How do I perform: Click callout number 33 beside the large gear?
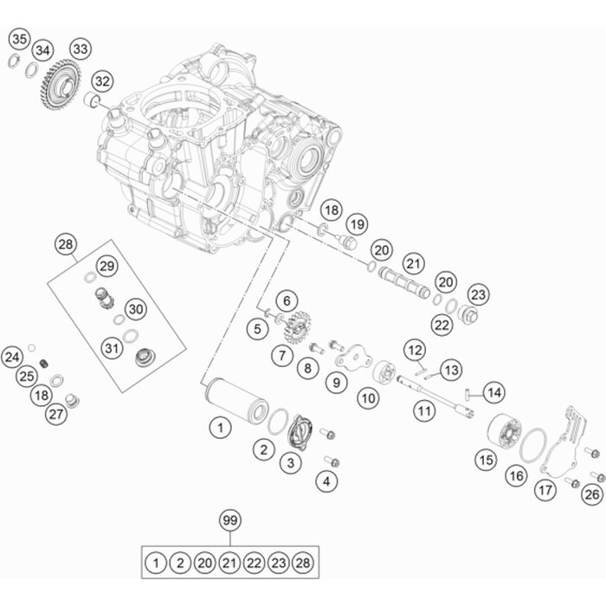81,48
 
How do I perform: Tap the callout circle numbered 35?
19,38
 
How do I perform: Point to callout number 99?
229,520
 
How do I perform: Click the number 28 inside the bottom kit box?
302,563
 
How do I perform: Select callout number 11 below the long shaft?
423,411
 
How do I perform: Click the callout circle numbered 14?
493,392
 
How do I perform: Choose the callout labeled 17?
545,491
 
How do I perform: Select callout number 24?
12,356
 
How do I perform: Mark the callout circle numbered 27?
56,414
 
